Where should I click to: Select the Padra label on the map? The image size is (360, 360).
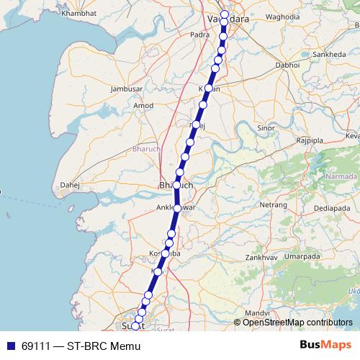(x=199, y=34)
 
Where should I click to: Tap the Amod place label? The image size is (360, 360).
(x=144, y=106)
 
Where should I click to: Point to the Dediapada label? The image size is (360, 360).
(x=330, y=208)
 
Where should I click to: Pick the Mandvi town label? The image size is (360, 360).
(x=256, y=313)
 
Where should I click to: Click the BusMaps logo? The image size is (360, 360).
(x=325, y=346)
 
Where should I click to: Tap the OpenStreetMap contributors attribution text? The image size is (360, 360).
(x=297, y=323)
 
